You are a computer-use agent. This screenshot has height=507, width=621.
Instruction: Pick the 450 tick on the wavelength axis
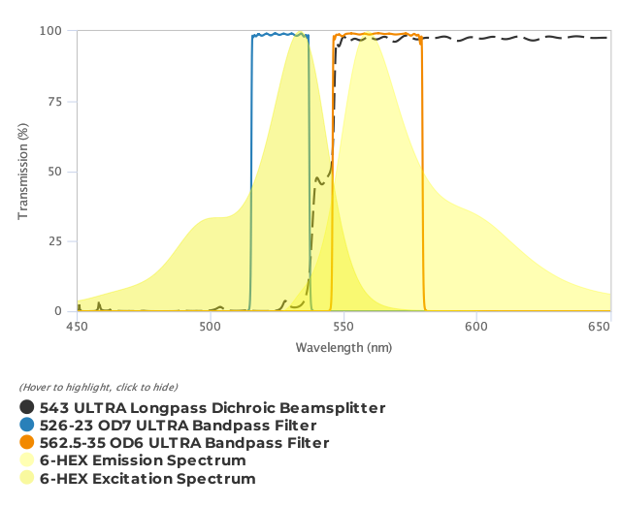[x=77, y=328]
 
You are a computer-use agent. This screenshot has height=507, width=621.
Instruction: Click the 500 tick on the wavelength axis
[x=210, y=328]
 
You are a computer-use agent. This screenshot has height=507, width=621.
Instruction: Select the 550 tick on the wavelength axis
[x=343, y=328]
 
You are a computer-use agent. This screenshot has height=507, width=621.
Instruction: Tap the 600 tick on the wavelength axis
[x=475, y=328]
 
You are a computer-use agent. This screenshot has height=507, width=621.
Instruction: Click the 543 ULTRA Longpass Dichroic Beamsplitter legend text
[x=212, y=408]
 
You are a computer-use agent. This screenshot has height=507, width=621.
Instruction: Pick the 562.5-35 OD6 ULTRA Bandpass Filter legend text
[x=184, y=443]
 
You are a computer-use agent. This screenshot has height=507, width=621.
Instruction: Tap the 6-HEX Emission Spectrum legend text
[x=143, y=460]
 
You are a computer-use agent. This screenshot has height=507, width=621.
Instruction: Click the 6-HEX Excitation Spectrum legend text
[x=147, y=478]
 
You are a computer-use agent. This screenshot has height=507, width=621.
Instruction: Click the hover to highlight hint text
[x=98, y=388]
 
